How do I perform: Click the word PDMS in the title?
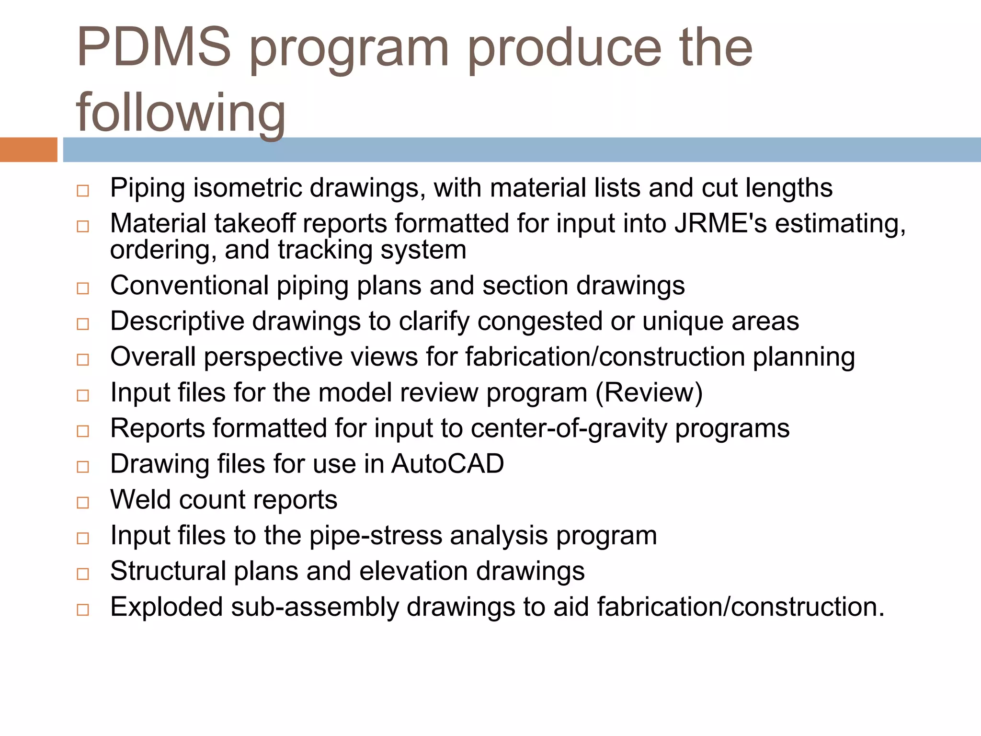[x=153, y=48]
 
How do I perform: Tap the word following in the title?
[x=181, y=113]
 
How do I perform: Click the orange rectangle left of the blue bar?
[x=28, y=149]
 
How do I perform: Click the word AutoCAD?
[x=447, y=464]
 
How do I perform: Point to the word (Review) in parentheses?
[x=649, y=393]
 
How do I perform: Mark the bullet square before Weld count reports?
[x=83, y=503]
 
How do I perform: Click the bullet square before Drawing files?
[x=83, y=467]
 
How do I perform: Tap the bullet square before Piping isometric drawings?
[x=83, y=191]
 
